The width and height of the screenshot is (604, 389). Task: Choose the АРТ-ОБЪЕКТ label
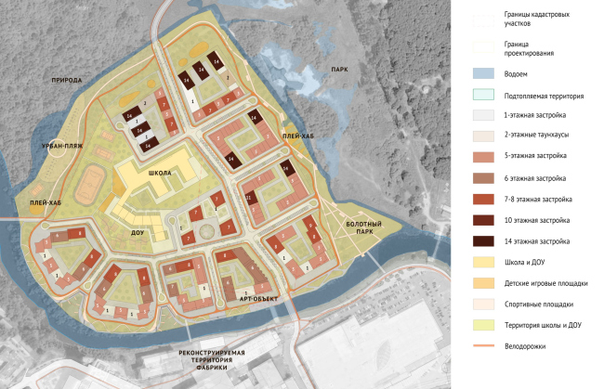(260, 299)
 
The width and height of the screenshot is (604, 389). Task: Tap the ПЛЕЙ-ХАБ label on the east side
(297, 136)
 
